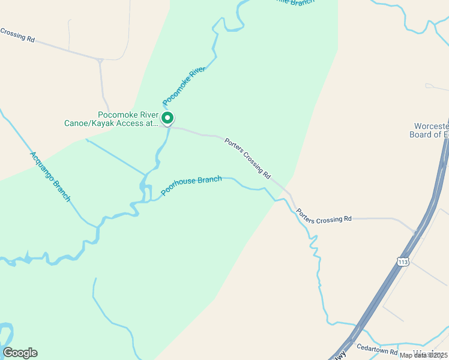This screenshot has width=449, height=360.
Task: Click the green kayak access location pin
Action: [x=168, y=118]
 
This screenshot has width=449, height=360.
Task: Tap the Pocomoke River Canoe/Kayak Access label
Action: [x=111, y=119]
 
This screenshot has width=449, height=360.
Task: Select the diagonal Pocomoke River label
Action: [x=184, y=87]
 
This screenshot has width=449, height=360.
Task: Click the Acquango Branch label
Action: [x=50, y=176]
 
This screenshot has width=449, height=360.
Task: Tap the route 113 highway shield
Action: [x=403, y=261]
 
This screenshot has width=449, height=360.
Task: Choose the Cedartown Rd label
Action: [x=377, y=349]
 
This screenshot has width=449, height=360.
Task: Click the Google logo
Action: [x=20, y=353]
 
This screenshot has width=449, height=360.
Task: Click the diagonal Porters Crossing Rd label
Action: [x=247, y=158]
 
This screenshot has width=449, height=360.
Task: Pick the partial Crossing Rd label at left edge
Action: [x=17, y=35]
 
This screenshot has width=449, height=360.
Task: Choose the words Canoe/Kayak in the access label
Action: [x=93, y=124]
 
